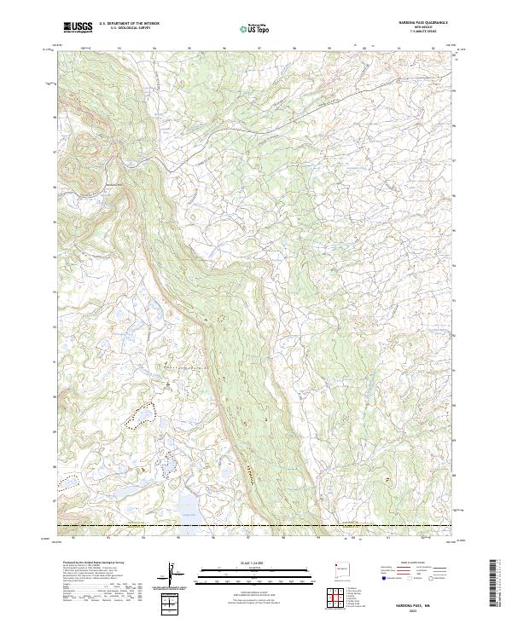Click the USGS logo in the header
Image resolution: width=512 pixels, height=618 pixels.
tap(78, 27)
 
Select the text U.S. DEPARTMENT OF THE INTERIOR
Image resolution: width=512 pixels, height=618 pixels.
tap(129, 23)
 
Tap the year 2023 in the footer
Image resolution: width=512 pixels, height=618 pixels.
tap(421, 607)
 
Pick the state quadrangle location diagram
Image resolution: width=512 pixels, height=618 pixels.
tap(340, 568)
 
